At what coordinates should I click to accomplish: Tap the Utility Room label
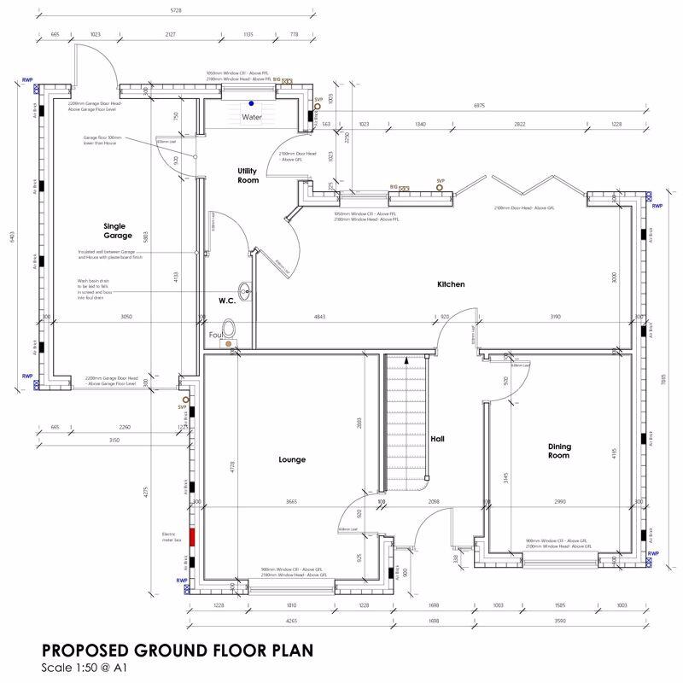[x=248, y=176]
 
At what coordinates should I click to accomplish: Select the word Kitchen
[x=450, y=284]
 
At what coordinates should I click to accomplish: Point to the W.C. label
[x=226, y=301]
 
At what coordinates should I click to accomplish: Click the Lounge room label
[x=291, y=459]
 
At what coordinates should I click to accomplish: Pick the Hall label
[x=438, y=440]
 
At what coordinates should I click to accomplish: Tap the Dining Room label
[x=557, y=450]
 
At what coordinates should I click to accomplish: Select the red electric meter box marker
[x=193, y=537]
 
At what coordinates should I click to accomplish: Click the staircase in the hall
[x=405, y=423]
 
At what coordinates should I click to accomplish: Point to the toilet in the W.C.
[x=228, y=330]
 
